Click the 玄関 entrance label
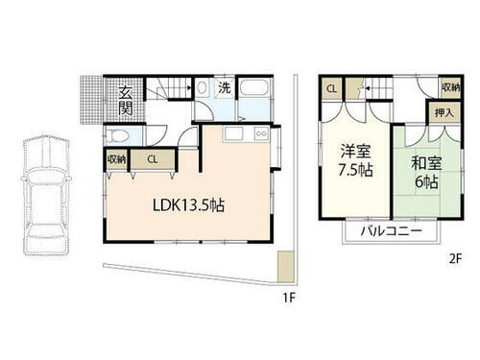pos(126,100)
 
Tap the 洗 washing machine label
pos(224,87)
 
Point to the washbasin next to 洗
pos(204,89)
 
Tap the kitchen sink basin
pos(237,133)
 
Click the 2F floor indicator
pos(456,257)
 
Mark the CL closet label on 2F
pos(331,88)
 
